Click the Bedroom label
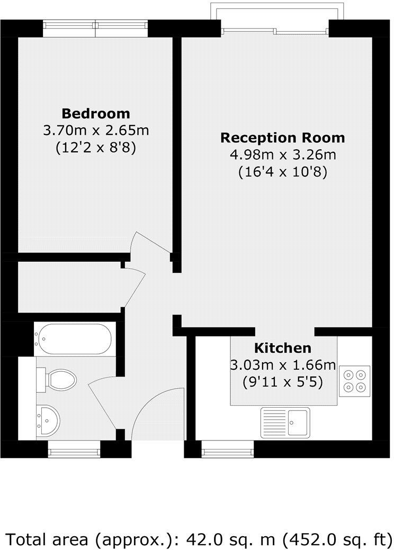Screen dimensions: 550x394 click(96, 113)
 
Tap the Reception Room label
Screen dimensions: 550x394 click(282, 138)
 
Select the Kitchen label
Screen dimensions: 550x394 click(283, 348)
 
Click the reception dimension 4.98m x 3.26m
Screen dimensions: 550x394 click(282, 155)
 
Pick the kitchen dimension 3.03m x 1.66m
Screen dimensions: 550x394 click(283, 365)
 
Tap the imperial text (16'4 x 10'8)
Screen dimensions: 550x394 click(282, 172)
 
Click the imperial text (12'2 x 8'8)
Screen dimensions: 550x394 click(96, 148)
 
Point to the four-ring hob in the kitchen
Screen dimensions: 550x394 click(355, 381)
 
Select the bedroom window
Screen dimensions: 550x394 click(95, 29)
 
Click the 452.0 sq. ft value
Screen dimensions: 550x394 click(333, 539)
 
